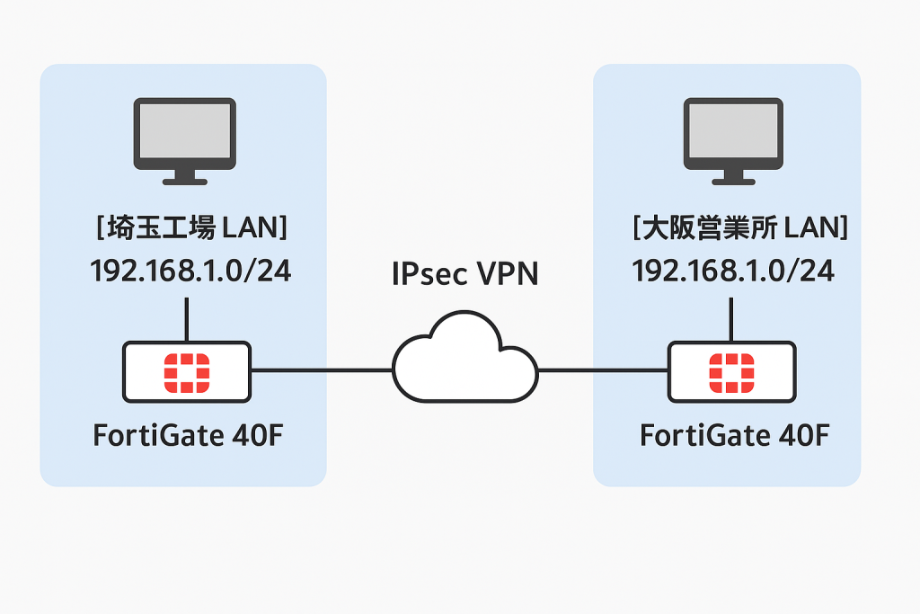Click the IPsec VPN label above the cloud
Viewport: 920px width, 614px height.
pos(464,273)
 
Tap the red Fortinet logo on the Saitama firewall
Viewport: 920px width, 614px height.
pos(186,371)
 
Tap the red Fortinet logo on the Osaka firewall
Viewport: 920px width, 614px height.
pos(731,371)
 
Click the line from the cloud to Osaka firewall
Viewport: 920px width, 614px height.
pos(602,369)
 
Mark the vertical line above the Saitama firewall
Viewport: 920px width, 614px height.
pos(186,319)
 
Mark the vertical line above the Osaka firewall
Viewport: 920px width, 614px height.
pos(731,319)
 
